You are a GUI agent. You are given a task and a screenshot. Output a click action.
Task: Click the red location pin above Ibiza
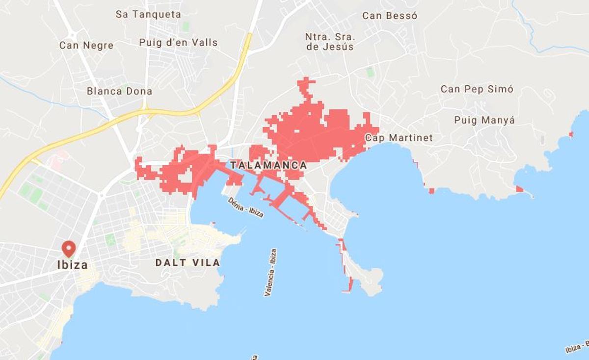[x=69, y=248]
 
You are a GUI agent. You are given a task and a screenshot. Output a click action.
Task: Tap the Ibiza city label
[x=73, y=265]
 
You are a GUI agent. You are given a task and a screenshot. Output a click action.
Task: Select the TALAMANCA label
[x=268, y=165]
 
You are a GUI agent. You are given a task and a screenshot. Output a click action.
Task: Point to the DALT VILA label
[x=187, y=262]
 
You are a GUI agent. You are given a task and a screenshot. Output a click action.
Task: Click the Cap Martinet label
[x=399, y=138]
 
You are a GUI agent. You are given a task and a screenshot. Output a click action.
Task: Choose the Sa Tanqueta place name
[x=148, y=14]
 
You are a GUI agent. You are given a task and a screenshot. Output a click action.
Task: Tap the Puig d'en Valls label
[x=178, y=42]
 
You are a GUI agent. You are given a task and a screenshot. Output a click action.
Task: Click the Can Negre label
[x=86, y=45]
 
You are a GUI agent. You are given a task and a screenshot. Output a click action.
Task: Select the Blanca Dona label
[x=119, y=91]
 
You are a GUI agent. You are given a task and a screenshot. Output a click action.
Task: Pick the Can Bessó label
[x=390, y=16]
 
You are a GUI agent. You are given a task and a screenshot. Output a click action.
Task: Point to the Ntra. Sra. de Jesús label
[x=329, y=42]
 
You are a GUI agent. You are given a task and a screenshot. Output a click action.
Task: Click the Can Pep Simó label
[x=477, y=89]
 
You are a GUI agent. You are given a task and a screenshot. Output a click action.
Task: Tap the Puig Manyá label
[x=484, y=120]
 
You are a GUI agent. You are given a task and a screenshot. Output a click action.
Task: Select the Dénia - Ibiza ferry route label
[x=246, y=207]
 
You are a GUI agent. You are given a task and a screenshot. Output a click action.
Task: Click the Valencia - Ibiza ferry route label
[x=270, y=272]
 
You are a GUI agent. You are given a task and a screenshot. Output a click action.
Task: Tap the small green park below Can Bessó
[x=370, y=72]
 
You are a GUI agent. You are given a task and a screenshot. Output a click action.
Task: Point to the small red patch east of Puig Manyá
[x=571, y=134]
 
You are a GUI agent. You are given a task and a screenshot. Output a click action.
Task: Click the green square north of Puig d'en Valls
[x=186, y=26]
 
